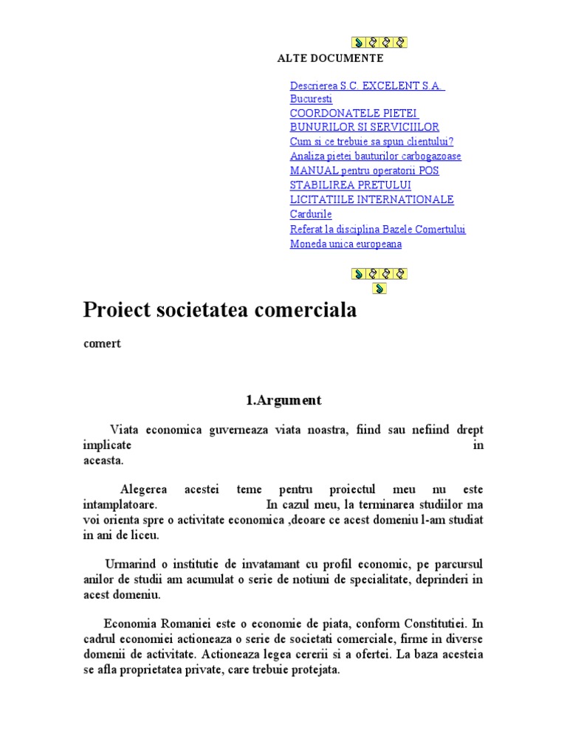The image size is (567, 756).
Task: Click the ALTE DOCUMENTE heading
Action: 330,58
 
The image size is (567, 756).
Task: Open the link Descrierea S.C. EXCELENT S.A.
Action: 367,86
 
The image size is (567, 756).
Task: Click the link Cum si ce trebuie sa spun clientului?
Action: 371,142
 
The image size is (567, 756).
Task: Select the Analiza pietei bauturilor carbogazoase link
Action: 375,156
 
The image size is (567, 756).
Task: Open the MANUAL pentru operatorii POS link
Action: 364,171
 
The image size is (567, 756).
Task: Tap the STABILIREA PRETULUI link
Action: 351,185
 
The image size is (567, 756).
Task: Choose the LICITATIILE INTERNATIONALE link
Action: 372,199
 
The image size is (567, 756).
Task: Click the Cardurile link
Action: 311,214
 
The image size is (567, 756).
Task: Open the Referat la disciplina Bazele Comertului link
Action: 378,229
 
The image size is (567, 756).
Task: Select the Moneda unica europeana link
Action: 346,244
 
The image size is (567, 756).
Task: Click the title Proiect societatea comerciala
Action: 220,310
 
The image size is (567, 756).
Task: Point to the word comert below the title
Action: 101,344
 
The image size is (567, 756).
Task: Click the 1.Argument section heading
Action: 283,401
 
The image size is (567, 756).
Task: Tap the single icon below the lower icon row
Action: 379,289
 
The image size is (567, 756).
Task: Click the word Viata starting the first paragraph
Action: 124,430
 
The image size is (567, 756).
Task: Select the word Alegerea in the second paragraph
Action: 143,489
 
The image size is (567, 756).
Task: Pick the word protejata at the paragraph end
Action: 317,670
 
